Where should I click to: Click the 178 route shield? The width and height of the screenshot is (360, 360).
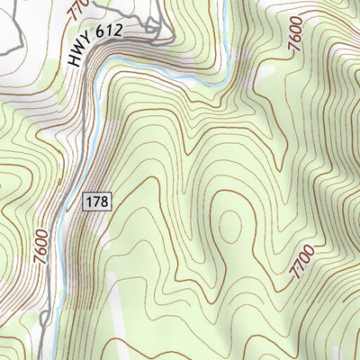(98, 202)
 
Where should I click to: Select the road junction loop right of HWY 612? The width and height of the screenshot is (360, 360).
(160, 34)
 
